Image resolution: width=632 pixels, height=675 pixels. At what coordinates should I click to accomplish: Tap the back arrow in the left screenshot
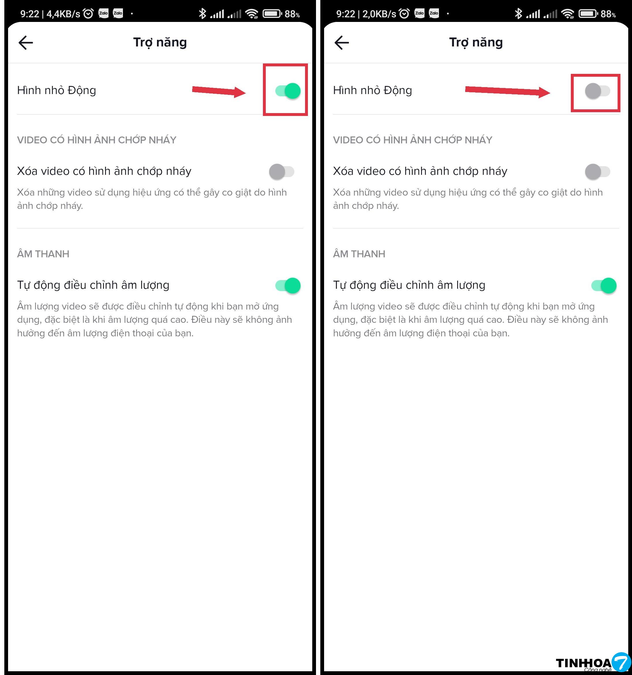pos(25,43)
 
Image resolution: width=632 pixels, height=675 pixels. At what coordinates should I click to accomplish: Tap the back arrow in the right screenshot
pos(341,43)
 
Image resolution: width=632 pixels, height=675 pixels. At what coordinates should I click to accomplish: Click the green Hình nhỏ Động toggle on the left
pos(288,91)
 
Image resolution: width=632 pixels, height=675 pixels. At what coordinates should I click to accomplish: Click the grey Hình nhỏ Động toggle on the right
pos(597,91)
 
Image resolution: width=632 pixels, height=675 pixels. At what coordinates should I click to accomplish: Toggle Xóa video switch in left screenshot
pos(282,171)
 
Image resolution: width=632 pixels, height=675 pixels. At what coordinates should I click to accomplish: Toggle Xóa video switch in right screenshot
pos(597,171)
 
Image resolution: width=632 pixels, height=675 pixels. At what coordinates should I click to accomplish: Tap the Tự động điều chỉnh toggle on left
pos(288,286)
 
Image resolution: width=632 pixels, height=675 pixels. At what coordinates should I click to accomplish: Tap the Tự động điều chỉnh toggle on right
pos(604,286)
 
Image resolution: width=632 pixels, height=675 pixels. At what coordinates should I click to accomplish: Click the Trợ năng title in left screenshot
pos(160,42)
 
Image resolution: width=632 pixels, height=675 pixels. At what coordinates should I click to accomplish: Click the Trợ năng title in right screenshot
pos(476,42)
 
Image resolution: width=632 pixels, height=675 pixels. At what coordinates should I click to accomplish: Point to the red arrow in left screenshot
pos(219,91)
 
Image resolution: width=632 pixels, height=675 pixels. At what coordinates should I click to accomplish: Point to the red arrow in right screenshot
pos(507,91)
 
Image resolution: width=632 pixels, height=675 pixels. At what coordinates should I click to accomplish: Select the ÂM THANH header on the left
pos(43,254)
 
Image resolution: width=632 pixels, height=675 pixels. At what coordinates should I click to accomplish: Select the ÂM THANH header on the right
pos(359,254)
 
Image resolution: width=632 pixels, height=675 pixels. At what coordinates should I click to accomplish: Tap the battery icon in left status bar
pos(272,14)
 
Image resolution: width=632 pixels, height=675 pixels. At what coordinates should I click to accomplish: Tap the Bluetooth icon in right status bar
pos(518,14)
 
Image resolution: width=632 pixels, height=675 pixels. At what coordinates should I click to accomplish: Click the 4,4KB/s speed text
pos(63,14)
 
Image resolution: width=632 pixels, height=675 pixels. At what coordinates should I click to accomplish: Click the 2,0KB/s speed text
pos(379,14)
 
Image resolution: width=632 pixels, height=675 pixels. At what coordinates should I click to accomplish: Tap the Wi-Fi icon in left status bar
pos(252,14)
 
